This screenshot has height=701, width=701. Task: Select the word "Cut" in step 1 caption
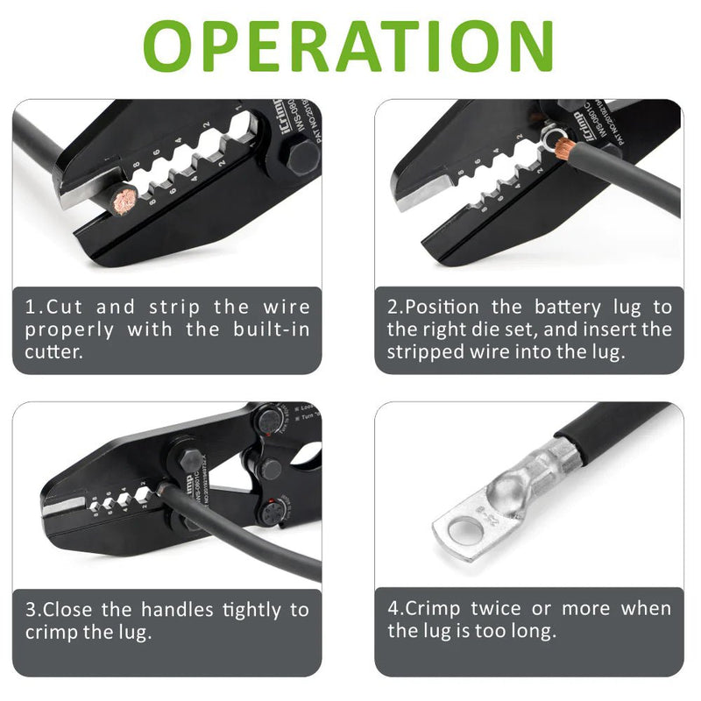[67, 308]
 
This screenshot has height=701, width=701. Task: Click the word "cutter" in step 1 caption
[52, 353]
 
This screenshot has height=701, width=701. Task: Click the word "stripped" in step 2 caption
[428, 353]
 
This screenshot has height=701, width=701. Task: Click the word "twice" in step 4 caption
[503, 609]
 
